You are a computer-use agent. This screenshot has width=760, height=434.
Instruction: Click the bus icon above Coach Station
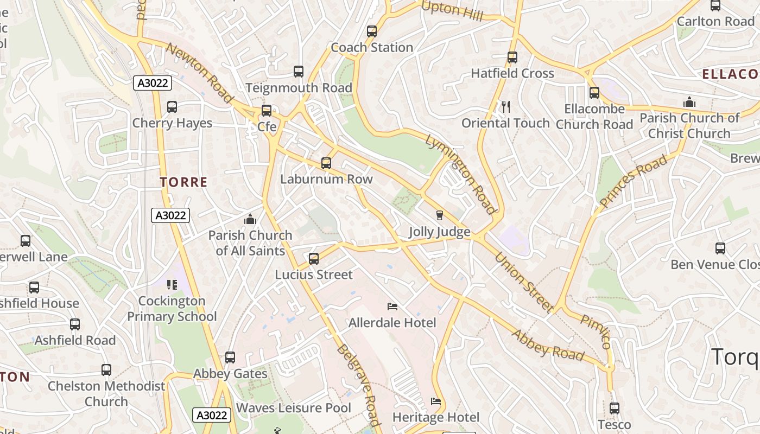(372, 31)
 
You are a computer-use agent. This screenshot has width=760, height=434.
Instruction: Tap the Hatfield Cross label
(512, 73)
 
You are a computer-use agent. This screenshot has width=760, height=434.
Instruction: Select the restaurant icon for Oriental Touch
(506, 107)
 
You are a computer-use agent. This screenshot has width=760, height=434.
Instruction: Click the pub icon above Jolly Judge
(440, 215)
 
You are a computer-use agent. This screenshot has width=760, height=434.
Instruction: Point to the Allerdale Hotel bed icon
(392, 307)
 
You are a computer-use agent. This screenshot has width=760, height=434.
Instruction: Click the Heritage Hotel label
(436, 417)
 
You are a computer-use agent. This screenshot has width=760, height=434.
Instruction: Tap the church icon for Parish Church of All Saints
(250, 219)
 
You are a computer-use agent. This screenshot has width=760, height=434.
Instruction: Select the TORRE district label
(184, 182)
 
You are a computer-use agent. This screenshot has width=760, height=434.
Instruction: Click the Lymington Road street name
(461, 174)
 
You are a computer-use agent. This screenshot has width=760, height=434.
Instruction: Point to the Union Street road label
(524, 282)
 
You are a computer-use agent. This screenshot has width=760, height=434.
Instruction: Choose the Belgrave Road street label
(357, 385)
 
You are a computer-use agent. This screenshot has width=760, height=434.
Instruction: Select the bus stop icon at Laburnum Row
(326, 163)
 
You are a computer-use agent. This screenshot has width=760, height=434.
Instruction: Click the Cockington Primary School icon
(172, 285)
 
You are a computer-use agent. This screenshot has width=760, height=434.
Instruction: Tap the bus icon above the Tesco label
(615, 408)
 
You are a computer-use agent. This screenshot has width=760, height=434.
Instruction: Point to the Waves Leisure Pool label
(294, 408)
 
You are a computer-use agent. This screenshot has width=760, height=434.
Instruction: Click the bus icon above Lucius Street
(314, 258)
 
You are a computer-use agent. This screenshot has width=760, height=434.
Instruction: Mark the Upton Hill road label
(452, 10)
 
